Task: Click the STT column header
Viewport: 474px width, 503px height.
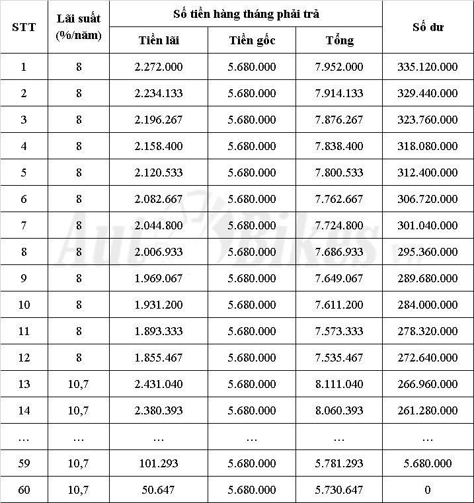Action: (24, 27)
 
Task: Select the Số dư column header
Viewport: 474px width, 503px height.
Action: (428, 27)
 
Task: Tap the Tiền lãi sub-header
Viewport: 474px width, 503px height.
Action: (159, 40)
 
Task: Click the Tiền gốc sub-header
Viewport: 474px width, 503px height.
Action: (252, 40)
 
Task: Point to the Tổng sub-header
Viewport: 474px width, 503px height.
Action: (339, 40)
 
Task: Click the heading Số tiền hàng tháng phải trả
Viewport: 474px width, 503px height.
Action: (246, 13)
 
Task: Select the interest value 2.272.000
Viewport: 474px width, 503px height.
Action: (159, 67)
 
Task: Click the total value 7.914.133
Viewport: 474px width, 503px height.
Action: (339, 93)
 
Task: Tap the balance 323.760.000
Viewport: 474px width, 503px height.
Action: (428, 120)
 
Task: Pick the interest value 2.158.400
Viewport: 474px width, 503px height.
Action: (159, 146)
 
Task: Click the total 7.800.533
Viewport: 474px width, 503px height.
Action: (339, 173)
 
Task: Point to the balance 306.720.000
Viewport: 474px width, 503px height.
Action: (428, 199)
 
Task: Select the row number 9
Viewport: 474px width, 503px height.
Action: (24, 278)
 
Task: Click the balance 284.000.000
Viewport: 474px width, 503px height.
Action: (428, 305)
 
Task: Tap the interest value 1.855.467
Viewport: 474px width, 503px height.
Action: (159, 358)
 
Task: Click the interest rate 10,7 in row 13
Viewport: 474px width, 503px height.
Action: (79, 384)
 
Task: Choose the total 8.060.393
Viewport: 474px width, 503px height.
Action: (339, 410)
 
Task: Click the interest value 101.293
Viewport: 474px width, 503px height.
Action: (159, 463)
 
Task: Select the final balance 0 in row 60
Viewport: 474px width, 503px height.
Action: (428, 490)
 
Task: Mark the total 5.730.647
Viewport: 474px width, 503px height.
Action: (339, 490)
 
